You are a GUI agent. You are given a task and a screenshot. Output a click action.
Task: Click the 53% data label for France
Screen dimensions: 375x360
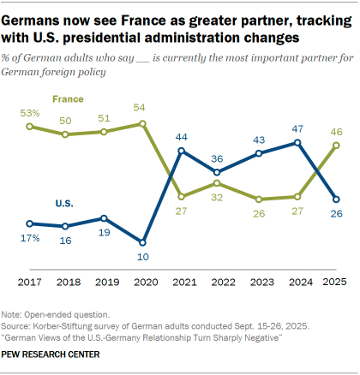[x=29, y=113]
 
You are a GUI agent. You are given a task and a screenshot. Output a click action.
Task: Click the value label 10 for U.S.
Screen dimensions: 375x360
[x=142, y=256]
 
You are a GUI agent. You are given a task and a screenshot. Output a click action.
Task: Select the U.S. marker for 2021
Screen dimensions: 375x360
[x=180, y=152]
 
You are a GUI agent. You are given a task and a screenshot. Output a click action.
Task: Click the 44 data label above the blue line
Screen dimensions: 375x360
[x=180, y=137]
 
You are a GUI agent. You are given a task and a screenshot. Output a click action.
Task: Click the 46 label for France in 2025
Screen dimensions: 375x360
[x=336, y=131]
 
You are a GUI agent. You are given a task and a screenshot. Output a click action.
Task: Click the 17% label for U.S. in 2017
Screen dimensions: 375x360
[x=29, y=236]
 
